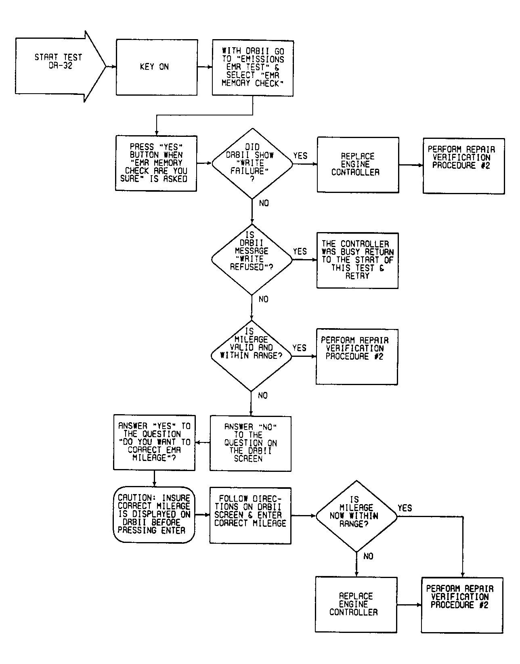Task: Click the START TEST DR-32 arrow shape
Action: [x=61, y=66]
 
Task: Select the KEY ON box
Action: [x=157, y=67]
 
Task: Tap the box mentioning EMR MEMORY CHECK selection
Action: [x=253, y=68]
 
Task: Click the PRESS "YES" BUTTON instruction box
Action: [x=156, y=163]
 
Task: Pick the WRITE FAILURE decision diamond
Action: [x=252, y=164]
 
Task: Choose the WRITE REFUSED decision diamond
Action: [x=252, y=260]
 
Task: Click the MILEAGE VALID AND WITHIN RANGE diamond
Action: [x=251, y=356]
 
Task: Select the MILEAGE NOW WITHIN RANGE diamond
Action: [x=356, y=516]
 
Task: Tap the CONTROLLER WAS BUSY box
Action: [x=357, y=261]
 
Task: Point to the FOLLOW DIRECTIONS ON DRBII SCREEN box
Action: [x=250, y=516]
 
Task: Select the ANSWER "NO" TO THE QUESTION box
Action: [x=251, y=443]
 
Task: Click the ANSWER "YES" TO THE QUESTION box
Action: [x=154, y=442]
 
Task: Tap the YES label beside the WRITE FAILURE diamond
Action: [x=300, y=156]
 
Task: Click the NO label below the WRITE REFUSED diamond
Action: [x=263, y=299]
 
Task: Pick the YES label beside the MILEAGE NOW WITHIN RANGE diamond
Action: [x=405, y=508]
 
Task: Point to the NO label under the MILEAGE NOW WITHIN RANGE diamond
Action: [x=369, y=556]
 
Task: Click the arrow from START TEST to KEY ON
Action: [x=111, y=67]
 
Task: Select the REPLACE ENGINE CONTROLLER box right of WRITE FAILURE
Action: [x=358, y=165]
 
